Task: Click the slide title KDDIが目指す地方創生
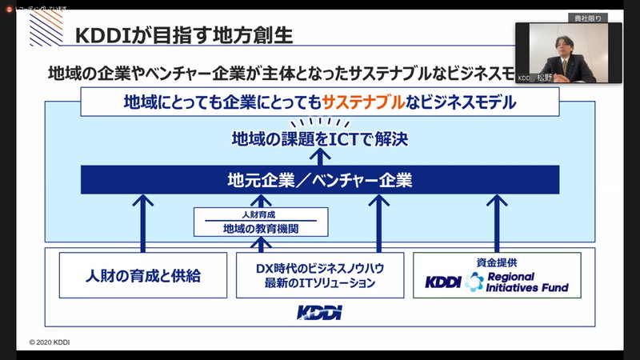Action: (x=183, y=36)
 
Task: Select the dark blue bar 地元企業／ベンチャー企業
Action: (x=319, y=180)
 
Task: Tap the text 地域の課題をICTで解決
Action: (x=319, y=138)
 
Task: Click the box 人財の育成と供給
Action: (x=143, y=276)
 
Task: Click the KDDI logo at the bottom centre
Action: (x=319, y=312)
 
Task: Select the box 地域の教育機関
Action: (x=260, y=229)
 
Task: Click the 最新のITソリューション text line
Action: (x=315, y=283)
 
